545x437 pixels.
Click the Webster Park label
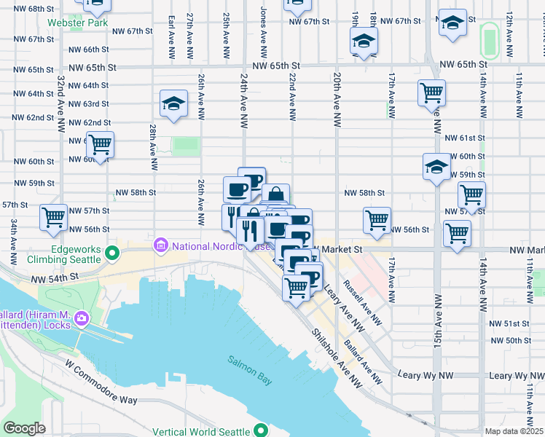point(72,23)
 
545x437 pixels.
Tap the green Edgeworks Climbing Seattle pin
point(111,253)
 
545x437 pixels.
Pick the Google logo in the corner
point(24,428)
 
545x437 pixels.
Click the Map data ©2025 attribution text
point(514,431)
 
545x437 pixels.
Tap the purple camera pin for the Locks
point(82,318)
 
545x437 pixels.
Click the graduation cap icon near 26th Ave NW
point(174,103)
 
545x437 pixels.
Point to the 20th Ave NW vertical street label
point(337,95)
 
